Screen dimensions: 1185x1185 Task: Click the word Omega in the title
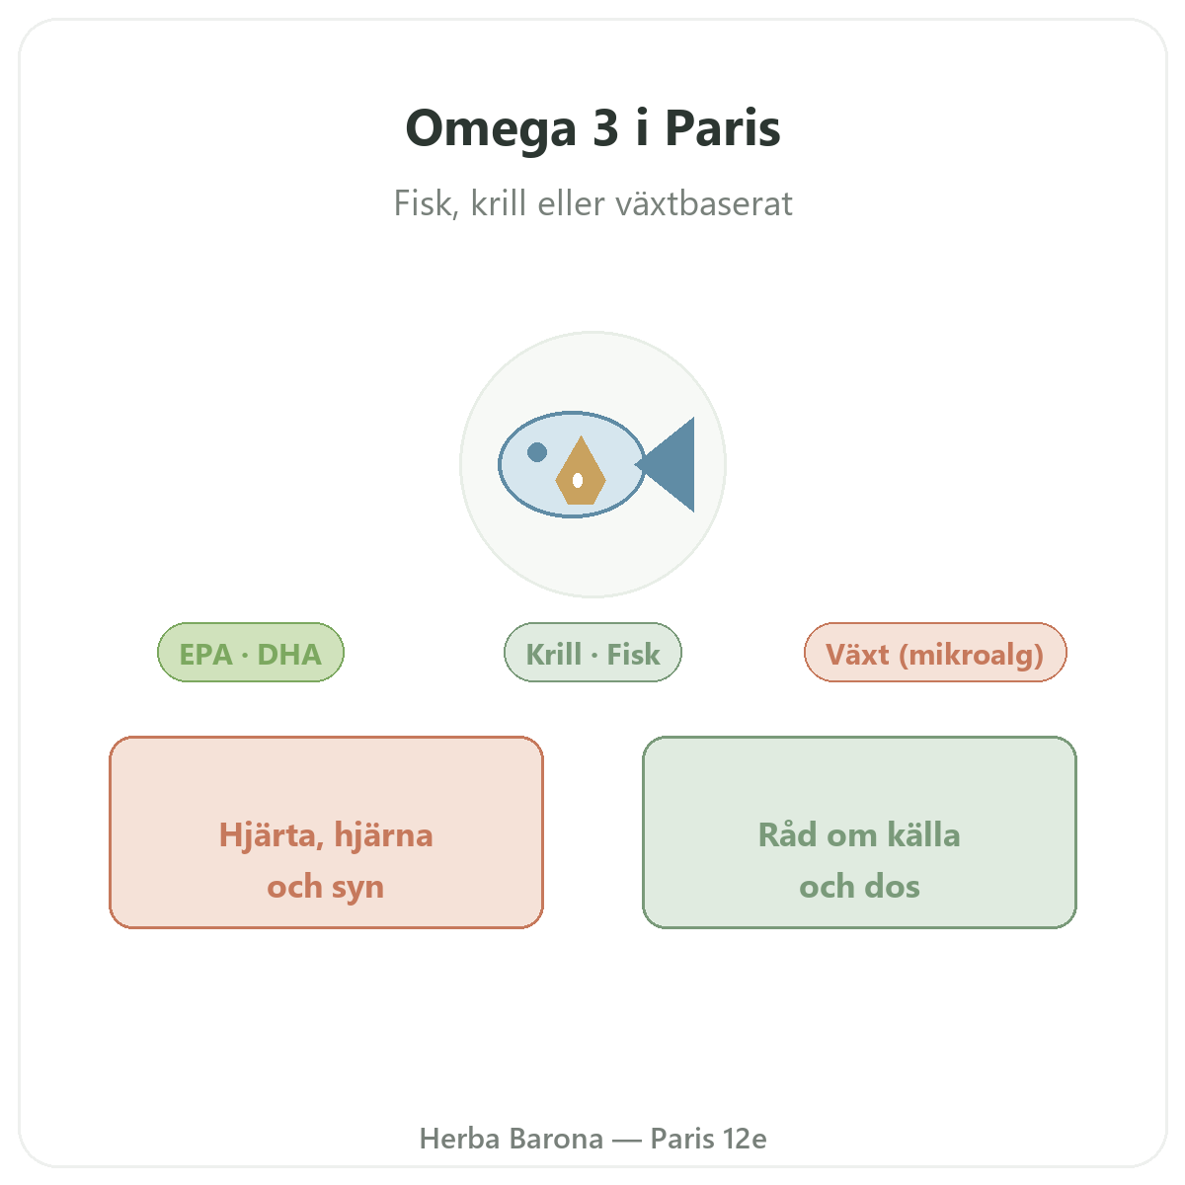pos(491,130)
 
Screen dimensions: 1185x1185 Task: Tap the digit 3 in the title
pos(605,128)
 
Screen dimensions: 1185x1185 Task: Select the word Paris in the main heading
pos(723,128)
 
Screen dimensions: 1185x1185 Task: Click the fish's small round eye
pos(537,452)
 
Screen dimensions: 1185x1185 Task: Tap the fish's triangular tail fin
pos(667,464)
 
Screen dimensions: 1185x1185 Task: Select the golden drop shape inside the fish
pos(581,471)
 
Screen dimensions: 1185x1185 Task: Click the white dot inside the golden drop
pos(578,480)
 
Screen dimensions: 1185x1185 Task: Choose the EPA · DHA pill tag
pos(250,653)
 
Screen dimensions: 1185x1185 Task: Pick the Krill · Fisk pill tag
pos(592,653)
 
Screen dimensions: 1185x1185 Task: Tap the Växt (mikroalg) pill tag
pos(935,653)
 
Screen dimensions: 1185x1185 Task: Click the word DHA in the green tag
pos(289,655)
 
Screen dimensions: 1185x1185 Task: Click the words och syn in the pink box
pos(325,887)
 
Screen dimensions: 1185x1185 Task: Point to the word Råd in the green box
pos(788,834)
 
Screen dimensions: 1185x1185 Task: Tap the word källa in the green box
pos(923,834)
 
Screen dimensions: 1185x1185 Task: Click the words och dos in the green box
pos(859,887)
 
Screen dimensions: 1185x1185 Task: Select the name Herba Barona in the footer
pos(511,1139)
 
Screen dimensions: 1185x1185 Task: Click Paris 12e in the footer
pos(708,1139)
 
